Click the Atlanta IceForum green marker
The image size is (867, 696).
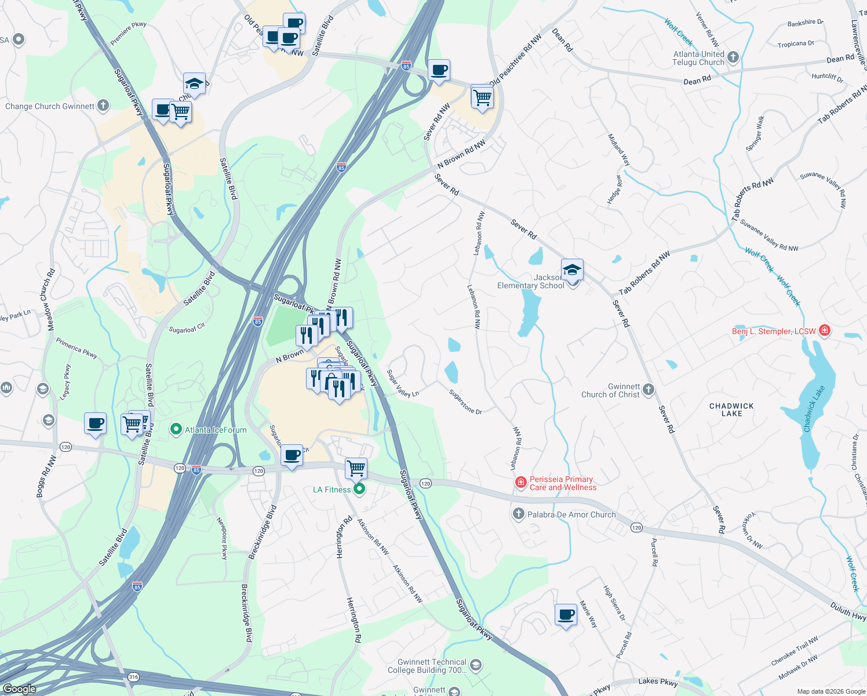176,430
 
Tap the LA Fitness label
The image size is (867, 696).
331,490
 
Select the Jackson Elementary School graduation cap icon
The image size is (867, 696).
572,270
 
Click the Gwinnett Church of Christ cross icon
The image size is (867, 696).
649,390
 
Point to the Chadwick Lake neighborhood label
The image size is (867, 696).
731,409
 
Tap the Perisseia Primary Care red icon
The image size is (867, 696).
520,483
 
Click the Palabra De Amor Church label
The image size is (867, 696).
571,514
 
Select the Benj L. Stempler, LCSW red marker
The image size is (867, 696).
825,331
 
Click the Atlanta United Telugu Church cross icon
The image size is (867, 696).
733,57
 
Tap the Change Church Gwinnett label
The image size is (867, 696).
49,106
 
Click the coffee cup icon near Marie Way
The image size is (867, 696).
566,614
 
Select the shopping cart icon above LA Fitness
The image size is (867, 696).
356,467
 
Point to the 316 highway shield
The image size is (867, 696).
133,677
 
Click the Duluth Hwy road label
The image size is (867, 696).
848,610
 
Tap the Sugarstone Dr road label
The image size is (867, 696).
465,402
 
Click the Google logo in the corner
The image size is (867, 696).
19,689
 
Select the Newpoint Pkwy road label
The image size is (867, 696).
222,538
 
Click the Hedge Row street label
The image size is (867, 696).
614,190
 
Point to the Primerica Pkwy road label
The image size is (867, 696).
76,348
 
